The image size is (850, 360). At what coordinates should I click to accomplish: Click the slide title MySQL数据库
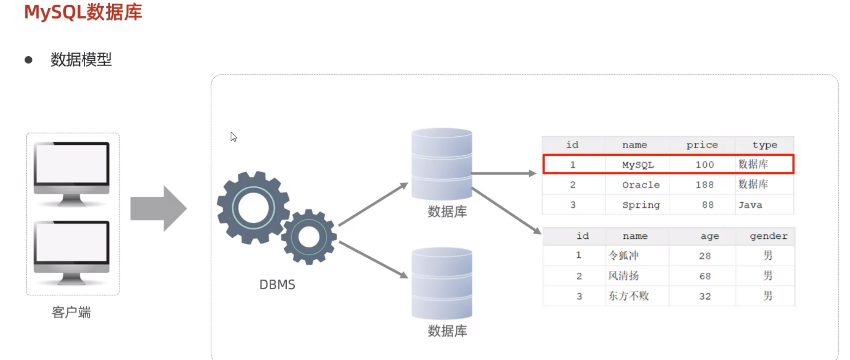(83, 12)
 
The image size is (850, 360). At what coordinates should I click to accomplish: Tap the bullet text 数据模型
(81, 59)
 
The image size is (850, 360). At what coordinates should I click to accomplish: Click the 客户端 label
(71, 312)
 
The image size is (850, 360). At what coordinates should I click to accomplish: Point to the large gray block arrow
(158, 208)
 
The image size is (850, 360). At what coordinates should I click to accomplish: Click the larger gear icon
(253, 208)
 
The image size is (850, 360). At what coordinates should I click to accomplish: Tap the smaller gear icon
(309, 237)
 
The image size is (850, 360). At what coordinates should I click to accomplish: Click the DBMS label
(277, 285)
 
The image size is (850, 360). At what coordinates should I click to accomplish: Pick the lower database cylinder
(441, 283)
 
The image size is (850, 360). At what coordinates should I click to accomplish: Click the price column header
(702, 145)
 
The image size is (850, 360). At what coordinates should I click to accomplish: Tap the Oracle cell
(641, 185)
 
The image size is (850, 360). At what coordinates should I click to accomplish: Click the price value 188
(704, 185)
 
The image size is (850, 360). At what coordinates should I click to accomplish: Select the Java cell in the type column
(750, 205)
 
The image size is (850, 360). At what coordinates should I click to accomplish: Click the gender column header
(768, 236)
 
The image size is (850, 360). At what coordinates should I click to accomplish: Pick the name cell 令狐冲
(624, 256)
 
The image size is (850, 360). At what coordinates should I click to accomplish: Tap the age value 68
(705, 276)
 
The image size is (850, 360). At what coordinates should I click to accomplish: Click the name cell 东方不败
(629, 296)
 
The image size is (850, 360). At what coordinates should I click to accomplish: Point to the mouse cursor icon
(233, 137)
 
